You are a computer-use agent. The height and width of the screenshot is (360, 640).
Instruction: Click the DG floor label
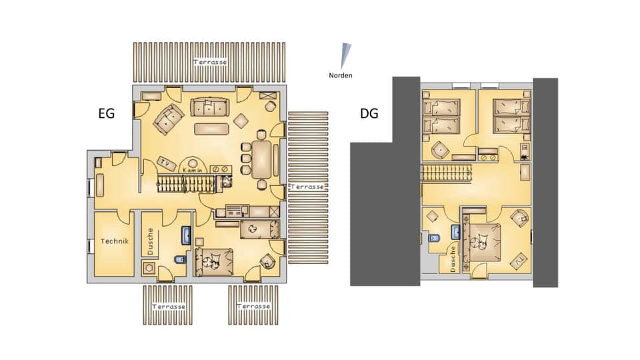click(369, 114)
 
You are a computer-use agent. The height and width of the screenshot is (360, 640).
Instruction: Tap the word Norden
click(340, 75)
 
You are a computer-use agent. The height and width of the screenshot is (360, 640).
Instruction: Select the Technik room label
click(114, 242)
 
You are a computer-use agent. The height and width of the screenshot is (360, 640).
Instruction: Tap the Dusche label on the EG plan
click(151, 241)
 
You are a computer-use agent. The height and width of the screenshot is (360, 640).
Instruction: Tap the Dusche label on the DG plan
click(452, 257)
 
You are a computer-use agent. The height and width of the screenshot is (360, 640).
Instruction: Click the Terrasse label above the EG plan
click(210, 62)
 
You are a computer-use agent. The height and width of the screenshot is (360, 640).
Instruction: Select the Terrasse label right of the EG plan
click(307, 187)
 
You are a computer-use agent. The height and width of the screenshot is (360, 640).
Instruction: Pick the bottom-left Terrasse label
click(168, 307)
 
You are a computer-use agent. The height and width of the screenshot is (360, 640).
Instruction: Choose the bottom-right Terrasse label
click(253, 306)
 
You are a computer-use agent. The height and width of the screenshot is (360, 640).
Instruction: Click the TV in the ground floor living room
click(164, 162)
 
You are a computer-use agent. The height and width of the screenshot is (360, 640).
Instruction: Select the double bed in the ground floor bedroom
click(214, 261)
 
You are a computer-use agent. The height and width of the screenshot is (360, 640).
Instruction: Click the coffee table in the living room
click(211, 128)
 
